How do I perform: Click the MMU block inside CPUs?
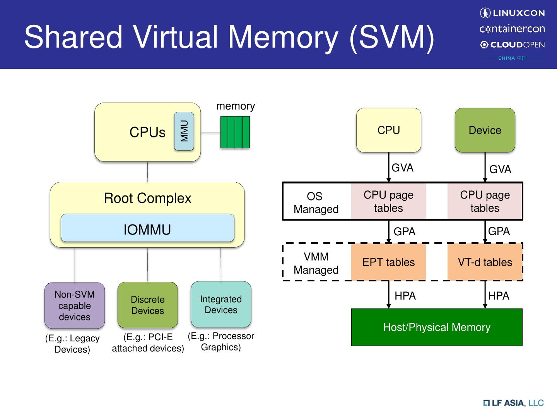184,131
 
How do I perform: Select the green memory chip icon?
235,132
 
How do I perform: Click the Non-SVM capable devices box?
75,305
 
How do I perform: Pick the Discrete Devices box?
147,305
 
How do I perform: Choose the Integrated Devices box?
221,304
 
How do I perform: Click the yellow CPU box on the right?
388,130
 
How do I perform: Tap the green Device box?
485,130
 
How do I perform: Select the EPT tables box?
388,262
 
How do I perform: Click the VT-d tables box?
485,262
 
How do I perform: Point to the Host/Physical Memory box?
436,327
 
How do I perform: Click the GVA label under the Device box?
500,169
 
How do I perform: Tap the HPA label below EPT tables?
405,296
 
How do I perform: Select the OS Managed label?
316,202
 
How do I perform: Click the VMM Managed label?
316,263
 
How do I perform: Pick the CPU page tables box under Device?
485,201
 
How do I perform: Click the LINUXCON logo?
512,13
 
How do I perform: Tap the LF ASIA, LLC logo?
513,403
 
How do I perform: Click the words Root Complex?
147,198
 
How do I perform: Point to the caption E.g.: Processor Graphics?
221,341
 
